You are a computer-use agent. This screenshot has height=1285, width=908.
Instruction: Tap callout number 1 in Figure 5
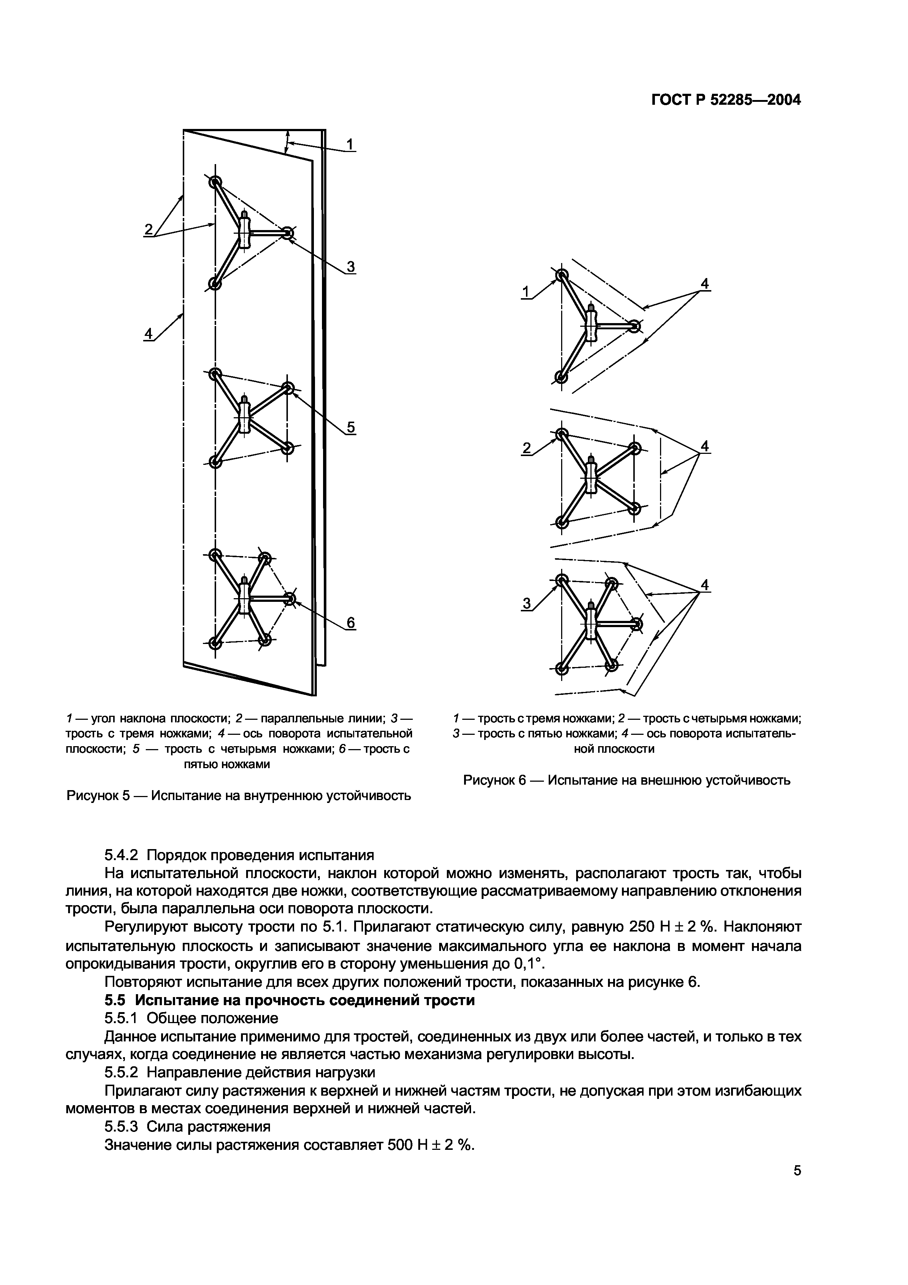point(350,144)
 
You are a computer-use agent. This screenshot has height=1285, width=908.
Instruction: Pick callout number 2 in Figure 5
point(148,229)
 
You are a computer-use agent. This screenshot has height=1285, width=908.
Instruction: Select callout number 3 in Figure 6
point(526,603)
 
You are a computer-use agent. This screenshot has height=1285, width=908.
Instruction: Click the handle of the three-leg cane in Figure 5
point(244,229)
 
